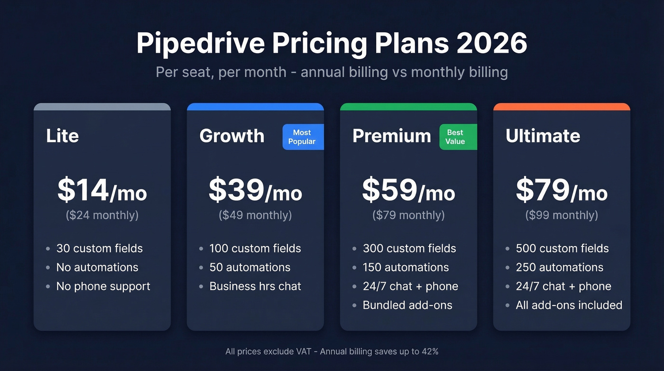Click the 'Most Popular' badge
click(x=303, y=137)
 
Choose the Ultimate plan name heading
click(x=543, y=136)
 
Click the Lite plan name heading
click(x=62, y=136)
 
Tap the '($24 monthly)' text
click(x=102, y=215)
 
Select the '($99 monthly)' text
click(x=562, y=215)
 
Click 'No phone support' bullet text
click(x=103, y=286)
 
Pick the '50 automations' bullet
click(x=250, y=267)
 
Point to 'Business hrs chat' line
click(x=255, y=286)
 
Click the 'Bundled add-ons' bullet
click(x=407, y=305)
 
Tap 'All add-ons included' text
click(x=569, y=305)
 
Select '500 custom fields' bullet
click(x=562, y=248)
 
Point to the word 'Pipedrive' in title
click(x=200, y=44)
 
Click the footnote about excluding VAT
click(x=332, y=352)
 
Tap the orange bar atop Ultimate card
click(x=562, y=107)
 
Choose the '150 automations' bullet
click(x=406, y=267)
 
